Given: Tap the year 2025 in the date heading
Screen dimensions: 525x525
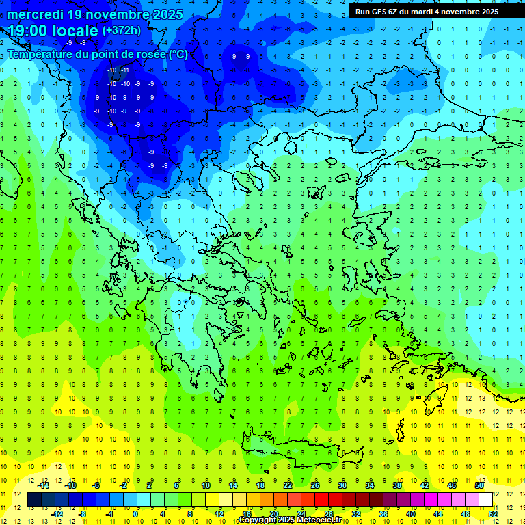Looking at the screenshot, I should [x=165, y=14].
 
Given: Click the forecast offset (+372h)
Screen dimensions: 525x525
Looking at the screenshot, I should [x=122, y=31].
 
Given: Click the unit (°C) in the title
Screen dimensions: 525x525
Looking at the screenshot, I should [x=177, y=54].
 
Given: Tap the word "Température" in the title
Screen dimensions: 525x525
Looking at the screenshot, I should [x=40, y=54].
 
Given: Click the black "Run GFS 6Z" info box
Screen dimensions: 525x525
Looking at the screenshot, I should [x=427, y=12].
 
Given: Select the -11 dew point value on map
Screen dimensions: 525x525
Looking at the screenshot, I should [x=124, y=70].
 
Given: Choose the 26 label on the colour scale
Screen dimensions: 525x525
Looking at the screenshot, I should [x=314, y=485].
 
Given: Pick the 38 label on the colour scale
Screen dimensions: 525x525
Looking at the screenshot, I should [x=397, y=485].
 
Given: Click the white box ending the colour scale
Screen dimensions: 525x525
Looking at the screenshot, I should [x=485, y=500].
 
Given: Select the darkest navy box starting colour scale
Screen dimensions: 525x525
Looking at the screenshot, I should [x=34, y=500].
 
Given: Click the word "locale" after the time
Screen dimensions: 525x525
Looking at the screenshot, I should [x=76, y=31].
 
